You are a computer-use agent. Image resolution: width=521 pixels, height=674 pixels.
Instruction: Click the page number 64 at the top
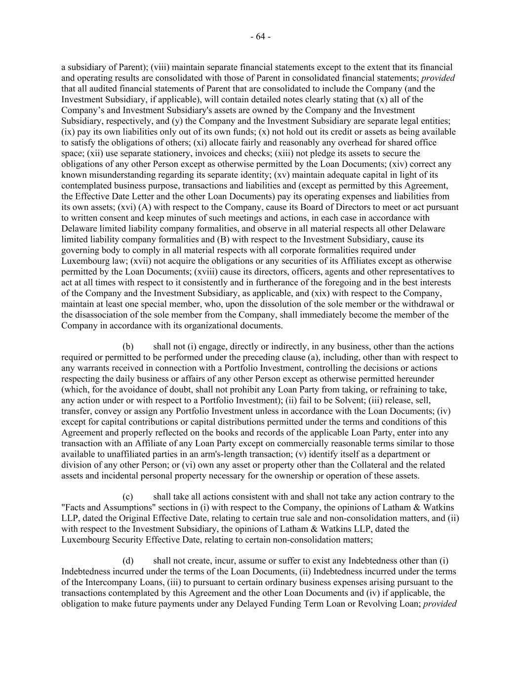260,37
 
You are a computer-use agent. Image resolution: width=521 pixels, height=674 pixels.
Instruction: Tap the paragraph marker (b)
128,347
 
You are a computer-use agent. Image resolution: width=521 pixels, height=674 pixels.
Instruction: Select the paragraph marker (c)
128,497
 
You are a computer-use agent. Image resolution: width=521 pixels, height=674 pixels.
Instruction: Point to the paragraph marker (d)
128,561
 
